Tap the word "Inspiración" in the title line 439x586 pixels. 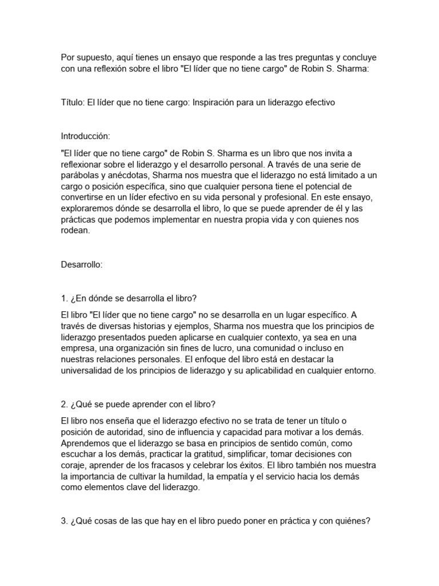[217, 102]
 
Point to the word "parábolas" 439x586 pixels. [79, 175]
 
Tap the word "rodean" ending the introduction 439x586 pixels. [75, 231]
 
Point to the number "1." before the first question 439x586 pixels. [64, 298]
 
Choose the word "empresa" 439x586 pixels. [78, 348]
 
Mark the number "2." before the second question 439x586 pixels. [64, 405]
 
